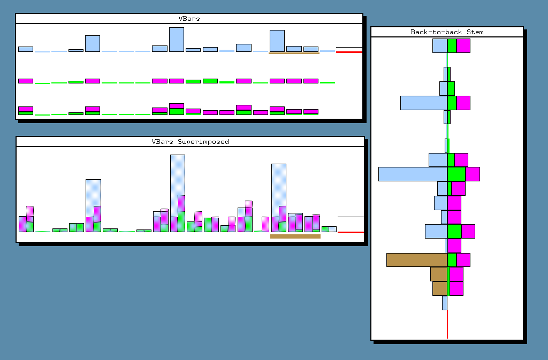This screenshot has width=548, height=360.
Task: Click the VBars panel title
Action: [x=189, y=19]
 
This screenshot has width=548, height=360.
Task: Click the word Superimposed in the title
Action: [x=203, y=142]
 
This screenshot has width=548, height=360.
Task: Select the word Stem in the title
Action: [x=475, y=32]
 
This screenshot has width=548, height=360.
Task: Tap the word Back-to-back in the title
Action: [x=436, y=32]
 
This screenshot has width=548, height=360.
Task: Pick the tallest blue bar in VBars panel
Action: [x=177, y=40]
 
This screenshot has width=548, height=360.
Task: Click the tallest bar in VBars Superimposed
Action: [x=178, y=194]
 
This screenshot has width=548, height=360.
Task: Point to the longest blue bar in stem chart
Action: [x=413, y=174]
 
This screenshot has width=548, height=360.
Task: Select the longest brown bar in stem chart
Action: [x=417, y=260]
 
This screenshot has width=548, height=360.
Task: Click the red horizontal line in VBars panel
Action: [x=349, y=52]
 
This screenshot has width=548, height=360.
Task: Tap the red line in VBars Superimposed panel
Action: [x=351, y=232]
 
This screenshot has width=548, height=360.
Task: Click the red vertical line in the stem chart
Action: [x=447, y=324]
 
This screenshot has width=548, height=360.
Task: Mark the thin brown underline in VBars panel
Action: [x=294, y=53]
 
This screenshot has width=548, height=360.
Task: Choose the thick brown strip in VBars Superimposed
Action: [x=295, y=236]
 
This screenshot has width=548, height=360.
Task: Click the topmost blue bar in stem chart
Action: [x=440, y=46]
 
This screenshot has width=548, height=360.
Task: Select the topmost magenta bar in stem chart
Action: [x=463, y=46]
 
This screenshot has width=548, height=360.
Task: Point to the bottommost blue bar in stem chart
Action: [x=445, y=303]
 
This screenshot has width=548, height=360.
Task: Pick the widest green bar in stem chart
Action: [x=456, y=174]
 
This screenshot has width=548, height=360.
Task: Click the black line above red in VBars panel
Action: [x=349, y=47]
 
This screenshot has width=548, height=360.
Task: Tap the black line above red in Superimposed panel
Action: [x=351, y=217]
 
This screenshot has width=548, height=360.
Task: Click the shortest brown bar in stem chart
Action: [x=440, y=289]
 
